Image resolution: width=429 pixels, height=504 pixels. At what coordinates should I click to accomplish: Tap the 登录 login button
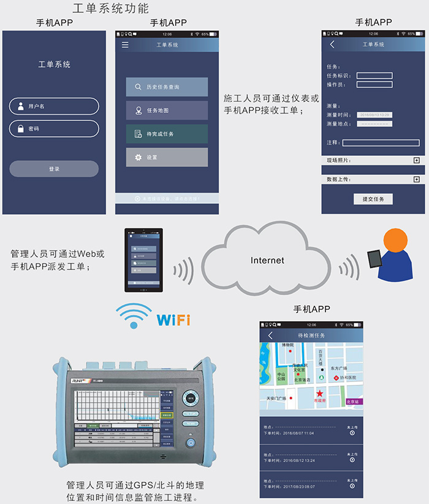point(54,169)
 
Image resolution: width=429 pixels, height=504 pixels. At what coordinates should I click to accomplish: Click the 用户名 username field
point(54,106)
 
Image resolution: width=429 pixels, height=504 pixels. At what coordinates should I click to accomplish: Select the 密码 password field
point(54,129)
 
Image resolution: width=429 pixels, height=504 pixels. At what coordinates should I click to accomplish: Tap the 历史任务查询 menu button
point(167,87)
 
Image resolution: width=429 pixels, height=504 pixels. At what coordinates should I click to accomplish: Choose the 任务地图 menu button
point(167,110)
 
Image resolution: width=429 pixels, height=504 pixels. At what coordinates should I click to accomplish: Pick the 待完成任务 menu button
point(167,134)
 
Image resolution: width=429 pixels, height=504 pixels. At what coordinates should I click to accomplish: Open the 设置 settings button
point(167,157)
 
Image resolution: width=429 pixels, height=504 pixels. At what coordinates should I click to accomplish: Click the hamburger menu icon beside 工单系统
point(125,45)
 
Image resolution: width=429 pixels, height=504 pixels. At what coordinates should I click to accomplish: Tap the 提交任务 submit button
point(373,199)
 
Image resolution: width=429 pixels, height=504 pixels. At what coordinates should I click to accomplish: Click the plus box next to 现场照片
point(417,160)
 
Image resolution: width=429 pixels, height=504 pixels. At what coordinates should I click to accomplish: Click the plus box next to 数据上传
point(417,179)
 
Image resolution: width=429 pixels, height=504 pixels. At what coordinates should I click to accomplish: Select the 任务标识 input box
point(374,76)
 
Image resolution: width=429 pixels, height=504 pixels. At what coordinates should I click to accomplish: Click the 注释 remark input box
point(381,142)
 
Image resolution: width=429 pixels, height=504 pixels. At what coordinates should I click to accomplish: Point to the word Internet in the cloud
point(267,260)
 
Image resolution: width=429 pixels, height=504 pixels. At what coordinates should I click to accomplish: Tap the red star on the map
point(319,392)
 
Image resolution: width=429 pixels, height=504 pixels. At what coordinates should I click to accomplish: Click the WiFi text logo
point(173,320)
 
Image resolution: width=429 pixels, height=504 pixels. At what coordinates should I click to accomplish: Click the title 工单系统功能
point(110,9)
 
